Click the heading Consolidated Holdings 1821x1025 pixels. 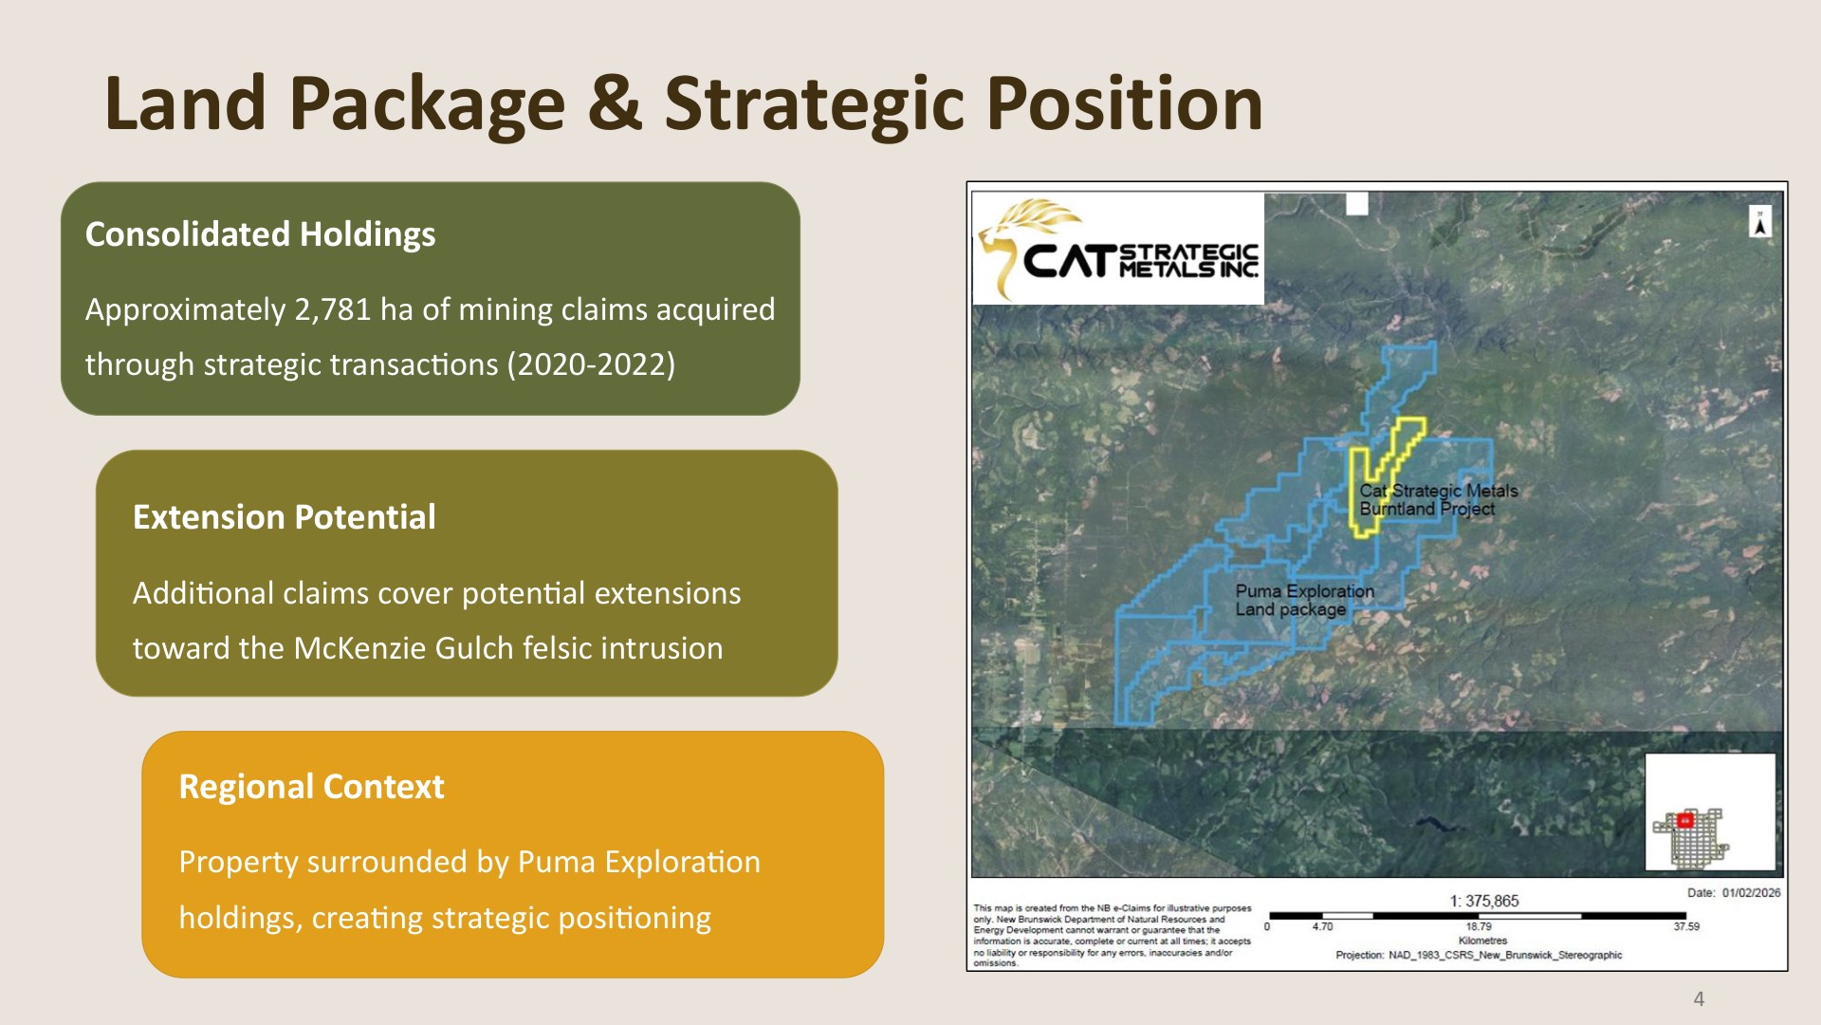point(261,234)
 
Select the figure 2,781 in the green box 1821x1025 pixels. point(333,310)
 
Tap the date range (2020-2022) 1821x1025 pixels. point(591,364)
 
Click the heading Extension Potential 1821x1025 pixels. point(285,517)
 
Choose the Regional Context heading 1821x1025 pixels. point(312,787)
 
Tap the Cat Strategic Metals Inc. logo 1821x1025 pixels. point(1118,249)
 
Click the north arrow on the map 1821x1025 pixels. point(1760,222)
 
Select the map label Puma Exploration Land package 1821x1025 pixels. point(1304,600)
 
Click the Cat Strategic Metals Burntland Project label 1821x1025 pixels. point(1438,499)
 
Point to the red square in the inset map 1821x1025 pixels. point(1685,820)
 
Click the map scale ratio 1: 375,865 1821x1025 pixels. point(1484,901)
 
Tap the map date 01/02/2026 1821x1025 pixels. point(1751,892)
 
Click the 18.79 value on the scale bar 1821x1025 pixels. point(1479,926)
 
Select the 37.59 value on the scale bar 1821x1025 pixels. point(1685,926)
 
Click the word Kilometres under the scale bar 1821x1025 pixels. point(1482,941)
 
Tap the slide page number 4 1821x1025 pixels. point(1699,998)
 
